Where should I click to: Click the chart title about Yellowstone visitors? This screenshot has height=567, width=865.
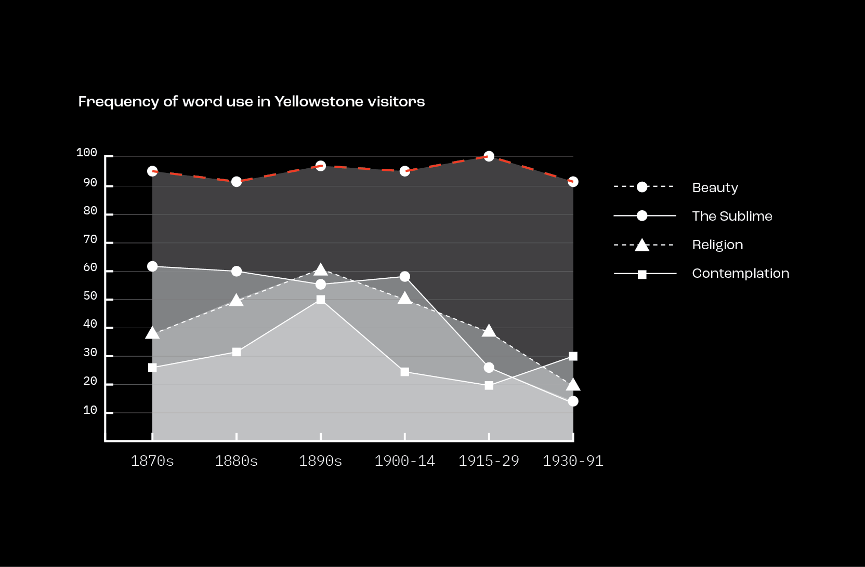pyautogui.click(x=252, y=101)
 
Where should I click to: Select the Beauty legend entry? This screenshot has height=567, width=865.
pyautogui.click(x=715, y=187)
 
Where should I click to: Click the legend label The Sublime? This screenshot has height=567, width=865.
pyautogui.click(x=732, y=216)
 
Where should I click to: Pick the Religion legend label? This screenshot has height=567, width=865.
pyautogui.click(x=717, y=245)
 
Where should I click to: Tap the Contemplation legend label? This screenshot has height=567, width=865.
pyautogui.click(x=740, y=273)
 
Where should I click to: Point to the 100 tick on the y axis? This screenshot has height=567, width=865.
pyautogui.click(x=87, y=153)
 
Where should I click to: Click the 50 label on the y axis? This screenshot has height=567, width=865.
pyautogui.click(x=90, y=296)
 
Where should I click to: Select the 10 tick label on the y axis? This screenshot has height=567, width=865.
pyautogui.click(x=90, y=410)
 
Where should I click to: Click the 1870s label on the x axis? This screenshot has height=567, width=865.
pyautogui.click(x=152, y=461)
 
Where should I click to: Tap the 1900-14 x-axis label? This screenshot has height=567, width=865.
pyautogui.click(x=404, y=461)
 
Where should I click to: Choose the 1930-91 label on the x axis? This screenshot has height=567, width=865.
pyautogui.click(x=573, y=461)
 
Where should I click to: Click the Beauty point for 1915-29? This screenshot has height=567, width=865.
pyautogui.click(x=489, y=156)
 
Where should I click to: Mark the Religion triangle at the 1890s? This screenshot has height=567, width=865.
pyautogui.click(x=321, y=270)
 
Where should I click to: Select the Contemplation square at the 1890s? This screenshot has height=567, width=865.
pyautogui.click(x=321, y=300)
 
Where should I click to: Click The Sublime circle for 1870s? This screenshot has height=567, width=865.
pyautogui.click(x=152, y=266)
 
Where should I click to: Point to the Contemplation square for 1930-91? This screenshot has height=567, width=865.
pyautogui.click(x=573, y=356)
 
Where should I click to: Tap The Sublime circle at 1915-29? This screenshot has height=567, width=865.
pyautogui.click(x=489, y=368)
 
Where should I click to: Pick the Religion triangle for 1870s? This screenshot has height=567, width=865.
pyautogui.click(x=152, y=333)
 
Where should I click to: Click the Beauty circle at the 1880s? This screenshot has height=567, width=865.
pyautogui.click(x=237, y=182)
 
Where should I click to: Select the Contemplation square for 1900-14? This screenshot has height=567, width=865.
pyautogui.click(x=405, y=372)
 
